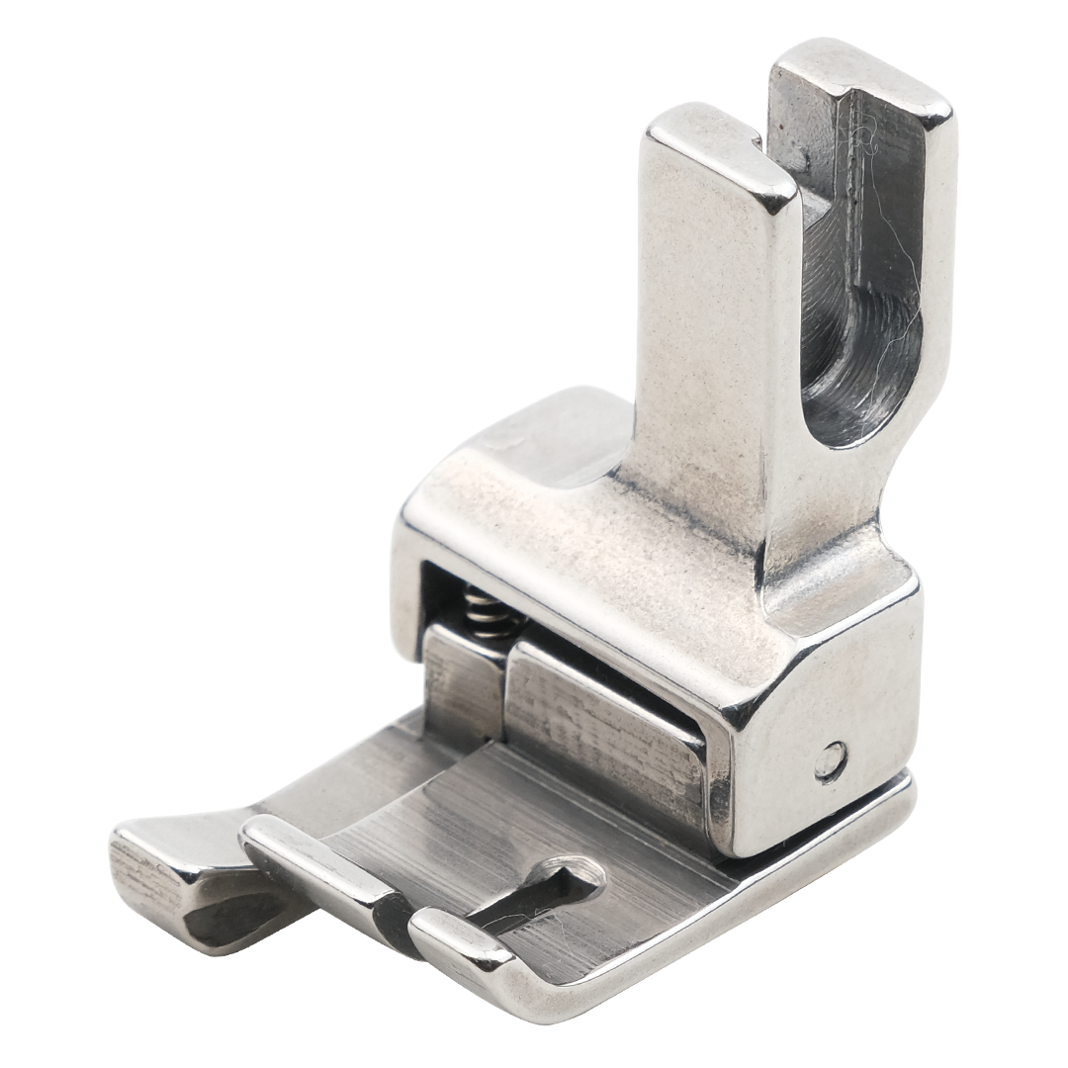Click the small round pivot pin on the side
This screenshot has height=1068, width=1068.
click(831, 761)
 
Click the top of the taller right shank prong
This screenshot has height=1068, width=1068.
click(860, 79)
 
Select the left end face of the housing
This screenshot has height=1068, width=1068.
click(407, 593)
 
